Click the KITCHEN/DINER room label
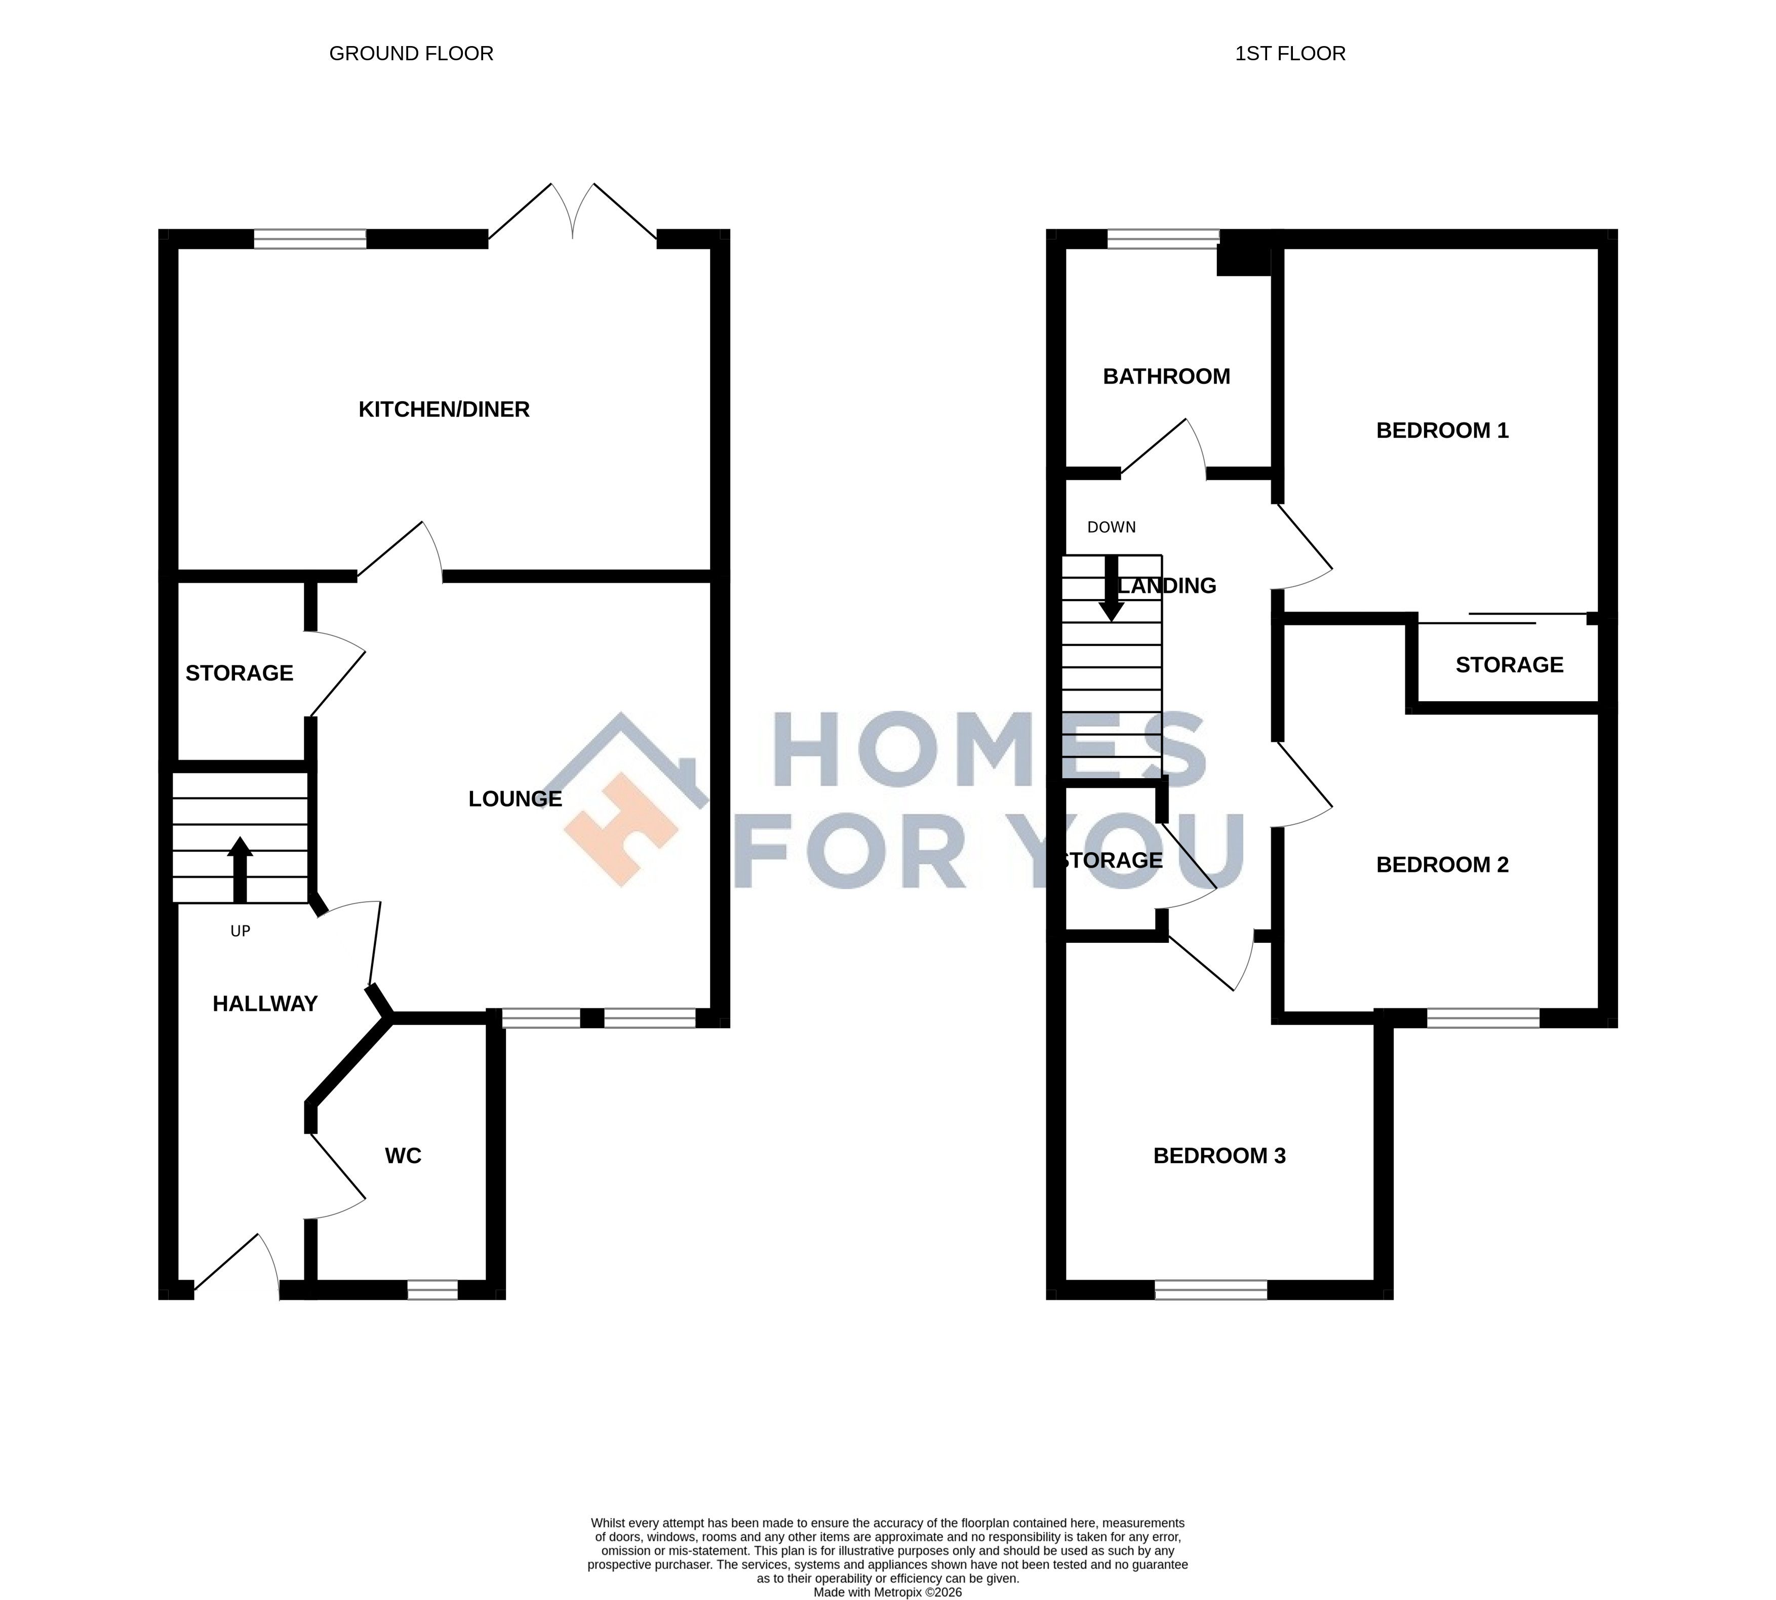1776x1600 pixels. tap(444, 410)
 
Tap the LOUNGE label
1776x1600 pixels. tap(515, 798)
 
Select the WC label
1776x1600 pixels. tap(404, 1155)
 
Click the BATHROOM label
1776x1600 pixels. tap(1167, 376)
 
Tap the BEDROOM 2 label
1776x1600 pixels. tap(1442, 864)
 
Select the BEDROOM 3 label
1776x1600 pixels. tap(1219, 1155)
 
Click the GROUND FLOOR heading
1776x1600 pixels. tap(412, 54)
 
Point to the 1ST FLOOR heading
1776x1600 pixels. tap(1290, 54)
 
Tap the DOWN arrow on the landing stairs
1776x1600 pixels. tap(1111, 589)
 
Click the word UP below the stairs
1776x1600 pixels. tap(240, 931)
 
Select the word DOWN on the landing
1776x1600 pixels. tap(1111, 528)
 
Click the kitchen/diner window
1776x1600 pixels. tap(310, 239)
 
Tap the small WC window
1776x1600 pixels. tap(432, 1290)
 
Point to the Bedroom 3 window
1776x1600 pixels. tap(1211, 1290)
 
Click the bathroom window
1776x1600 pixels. tap(1163, 239)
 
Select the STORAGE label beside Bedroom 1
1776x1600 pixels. tap(1510, 665)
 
